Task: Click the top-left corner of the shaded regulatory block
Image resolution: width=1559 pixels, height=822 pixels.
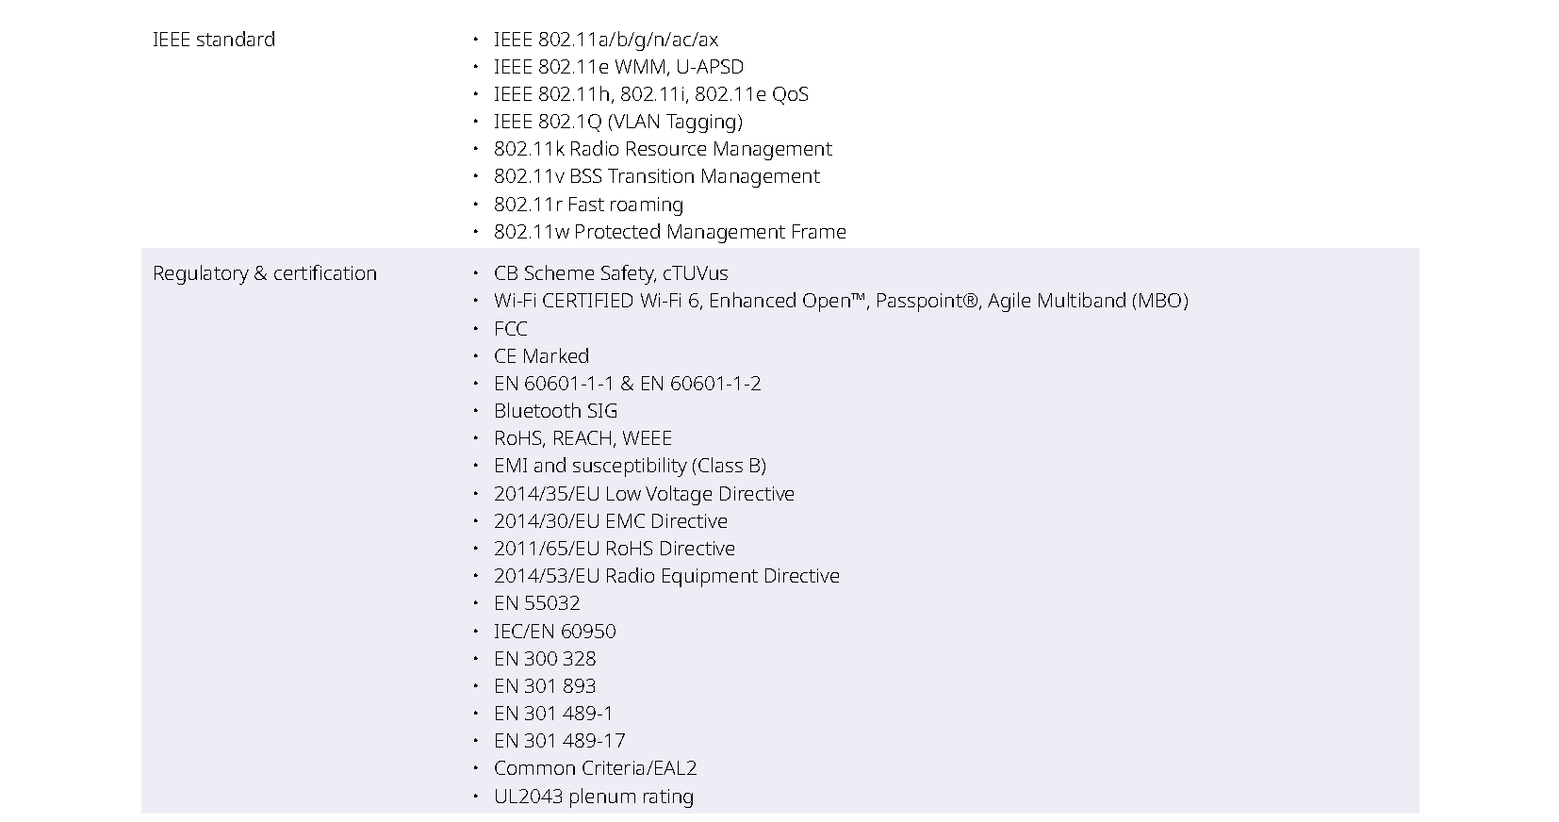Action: [x=141, y=249]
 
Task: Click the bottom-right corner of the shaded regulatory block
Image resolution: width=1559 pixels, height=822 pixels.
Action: [x=1420, y=814]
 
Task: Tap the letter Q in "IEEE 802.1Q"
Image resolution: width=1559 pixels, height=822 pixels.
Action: [x=594, y=123]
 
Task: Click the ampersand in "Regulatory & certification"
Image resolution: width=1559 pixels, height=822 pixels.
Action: [x=260, y=273]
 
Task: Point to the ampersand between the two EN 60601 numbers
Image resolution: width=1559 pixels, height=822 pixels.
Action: [x=627, y=385]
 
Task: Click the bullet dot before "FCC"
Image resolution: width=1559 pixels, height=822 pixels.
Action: [x=476, y=329]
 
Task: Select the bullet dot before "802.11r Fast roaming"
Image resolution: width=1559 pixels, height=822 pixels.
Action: [x=476, y=205]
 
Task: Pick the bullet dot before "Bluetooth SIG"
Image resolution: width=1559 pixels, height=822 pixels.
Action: [x=476, y=411]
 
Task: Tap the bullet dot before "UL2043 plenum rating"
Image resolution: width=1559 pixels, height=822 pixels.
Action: [x=476, y=797]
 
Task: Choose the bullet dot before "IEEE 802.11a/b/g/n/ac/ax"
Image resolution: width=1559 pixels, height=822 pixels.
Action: [x=476, y=39]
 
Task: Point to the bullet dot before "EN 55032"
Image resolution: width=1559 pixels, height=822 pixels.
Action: [x=476, y=603]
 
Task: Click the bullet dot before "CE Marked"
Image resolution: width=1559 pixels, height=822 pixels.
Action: [x=476, y=356]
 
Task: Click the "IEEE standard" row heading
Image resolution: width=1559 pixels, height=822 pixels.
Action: [x=214, y=40]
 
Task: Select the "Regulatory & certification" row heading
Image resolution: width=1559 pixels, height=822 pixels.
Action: [x=265, y=273]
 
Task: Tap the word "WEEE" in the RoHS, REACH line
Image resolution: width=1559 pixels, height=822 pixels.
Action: [x=647, y=438]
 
